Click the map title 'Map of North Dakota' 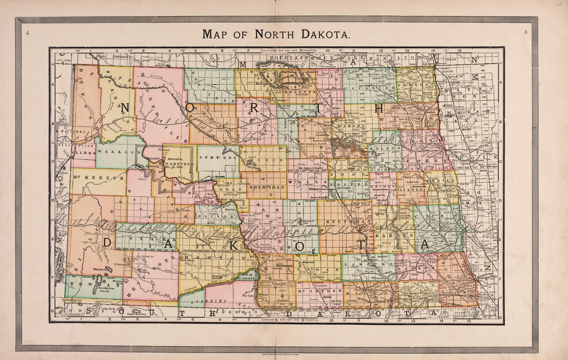(276, 34)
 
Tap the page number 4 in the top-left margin (27, 33)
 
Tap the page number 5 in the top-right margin (525, 33)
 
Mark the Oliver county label (212, 211)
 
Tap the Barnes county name (391, 235)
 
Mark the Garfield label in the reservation (179, 163)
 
